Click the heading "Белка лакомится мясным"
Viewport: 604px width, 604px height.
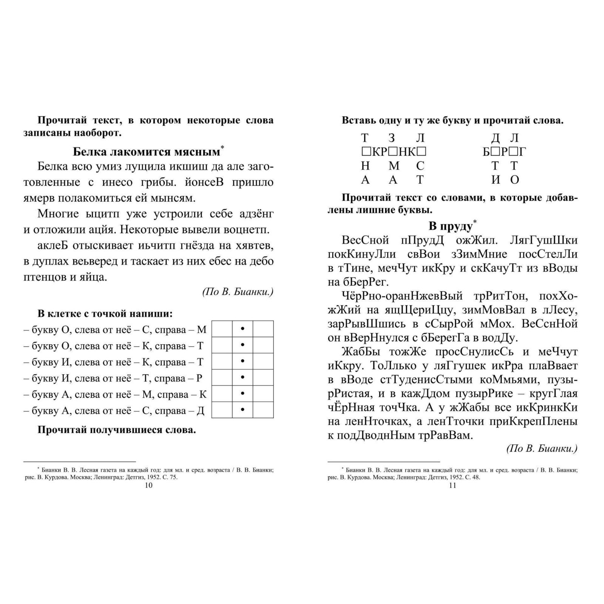[x=146, y=152]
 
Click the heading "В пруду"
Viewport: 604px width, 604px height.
[x=450, y=226]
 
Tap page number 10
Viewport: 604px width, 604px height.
[x=149, y=485]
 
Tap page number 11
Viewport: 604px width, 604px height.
[x=453, y=485]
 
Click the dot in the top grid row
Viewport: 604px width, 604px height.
[x=242, y=329]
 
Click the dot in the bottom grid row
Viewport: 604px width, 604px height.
[x=242, y=410]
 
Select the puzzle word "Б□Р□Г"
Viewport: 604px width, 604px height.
[x=504, y=152]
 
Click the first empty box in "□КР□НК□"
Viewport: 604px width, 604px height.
[x=365, y=152]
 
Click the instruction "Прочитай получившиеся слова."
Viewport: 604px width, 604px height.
[x=117, y=430]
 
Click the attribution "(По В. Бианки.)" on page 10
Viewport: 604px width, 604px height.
[x=237, y=292]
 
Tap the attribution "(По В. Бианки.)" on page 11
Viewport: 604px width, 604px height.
[x=542, y=448]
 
